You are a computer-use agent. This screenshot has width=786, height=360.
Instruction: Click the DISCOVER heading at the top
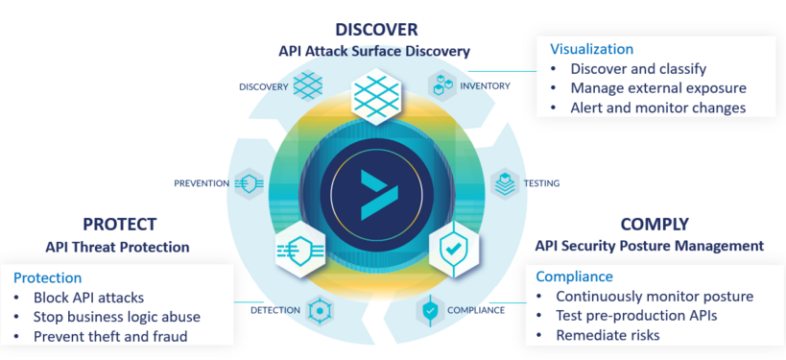pyautogui.click(x=376, y=30)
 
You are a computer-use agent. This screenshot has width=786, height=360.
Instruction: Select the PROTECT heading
pyautogui.click(x=119, y=225)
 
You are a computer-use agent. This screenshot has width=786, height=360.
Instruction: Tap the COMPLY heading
pyautogui.click(x=655, y=225)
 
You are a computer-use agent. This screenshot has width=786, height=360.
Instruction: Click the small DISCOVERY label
pyautogui.click(x=263, y=87)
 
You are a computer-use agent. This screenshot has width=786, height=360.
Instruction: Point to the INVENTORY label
pyautogui.click(x=485, y=86)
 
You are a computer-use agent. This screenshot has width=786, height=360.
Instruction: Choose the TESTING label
pyautogui.click(x=541, y=183)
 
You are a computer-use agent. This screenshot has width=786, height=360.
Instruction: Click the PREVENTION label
pyautogui.click(x=202, y=183)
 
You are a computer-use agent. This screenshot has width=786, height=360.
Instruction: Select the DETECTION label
pyautogui.click(x=275, y=311)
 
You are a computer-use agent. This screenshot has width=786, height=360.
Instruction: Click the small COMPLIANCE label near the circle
pyautogui.click(x=475, y=311)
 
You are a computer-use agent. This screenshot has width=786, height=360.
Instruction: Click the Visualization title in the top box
pyautogui.click(x=591, y=49)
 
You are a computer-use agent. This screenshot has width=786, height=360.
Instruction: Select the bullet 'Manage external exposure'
pyautogui.click(x=657, y=88)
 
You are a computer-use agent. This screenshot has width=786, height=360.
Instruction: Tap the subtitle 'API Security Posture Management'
pyautogui.click(x=650, y=247)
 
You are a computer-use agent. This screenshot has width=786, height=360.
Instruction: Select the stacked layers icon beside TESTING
pyautogui.click(x=505, y=183)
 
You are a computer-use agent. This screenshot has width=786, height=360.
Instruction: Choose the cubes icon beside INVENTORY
pyautogui.click(x=441, y=86)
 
